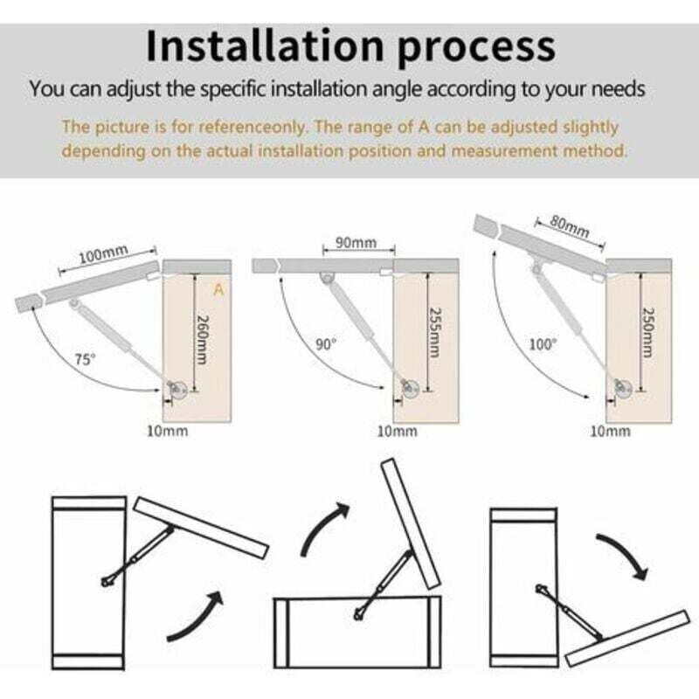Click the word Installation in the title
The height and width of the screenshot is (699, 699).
(x=265, y=46)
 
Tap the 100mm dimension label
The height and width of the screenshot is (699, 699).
(x=103, y=254)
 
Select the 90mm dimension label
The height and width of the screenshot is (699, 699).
(x=356, y=243)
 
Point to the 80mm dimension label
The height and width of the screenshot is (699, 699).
(x=570, y=226)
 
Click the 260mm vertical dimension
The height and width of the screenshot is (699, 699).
(x=203, y=339)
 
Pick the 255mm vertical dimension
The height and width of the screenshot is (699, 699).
(x=434, y=332)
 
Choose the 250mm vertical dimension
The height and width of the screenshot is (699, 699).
(x=648, y=332)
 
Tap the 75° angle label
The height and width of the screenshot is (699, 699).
(x=85, y=359)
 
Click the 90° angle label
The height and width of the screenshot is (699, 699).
(x=326, y=344)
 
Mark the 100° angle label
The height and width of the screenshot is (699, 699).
(x=543, y=344)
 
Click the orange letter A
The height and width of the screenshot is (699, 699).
(x=218, y=290)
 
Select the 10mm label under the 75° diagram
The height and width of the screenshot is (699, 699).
(x=168, y=431)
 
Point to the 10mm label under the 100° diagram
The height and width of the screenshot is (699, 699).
(x=610, y=431)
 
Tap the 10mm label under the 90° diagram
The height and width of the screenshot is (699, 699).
(x=398, y=431)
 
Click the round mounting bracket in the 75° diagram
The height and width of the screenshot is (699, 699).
(x=177, y=390)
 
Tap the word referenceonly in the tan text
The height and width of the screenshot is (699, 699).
(x=253, y=128)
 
